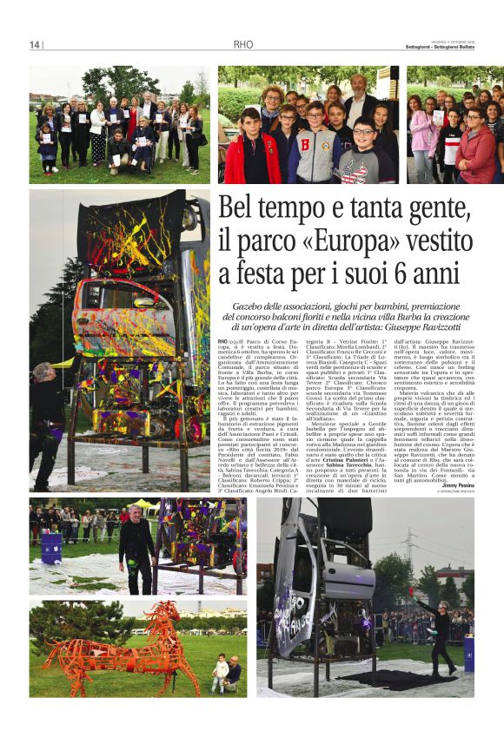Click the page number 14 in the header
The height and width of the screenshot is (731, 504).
pos(35,45)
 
